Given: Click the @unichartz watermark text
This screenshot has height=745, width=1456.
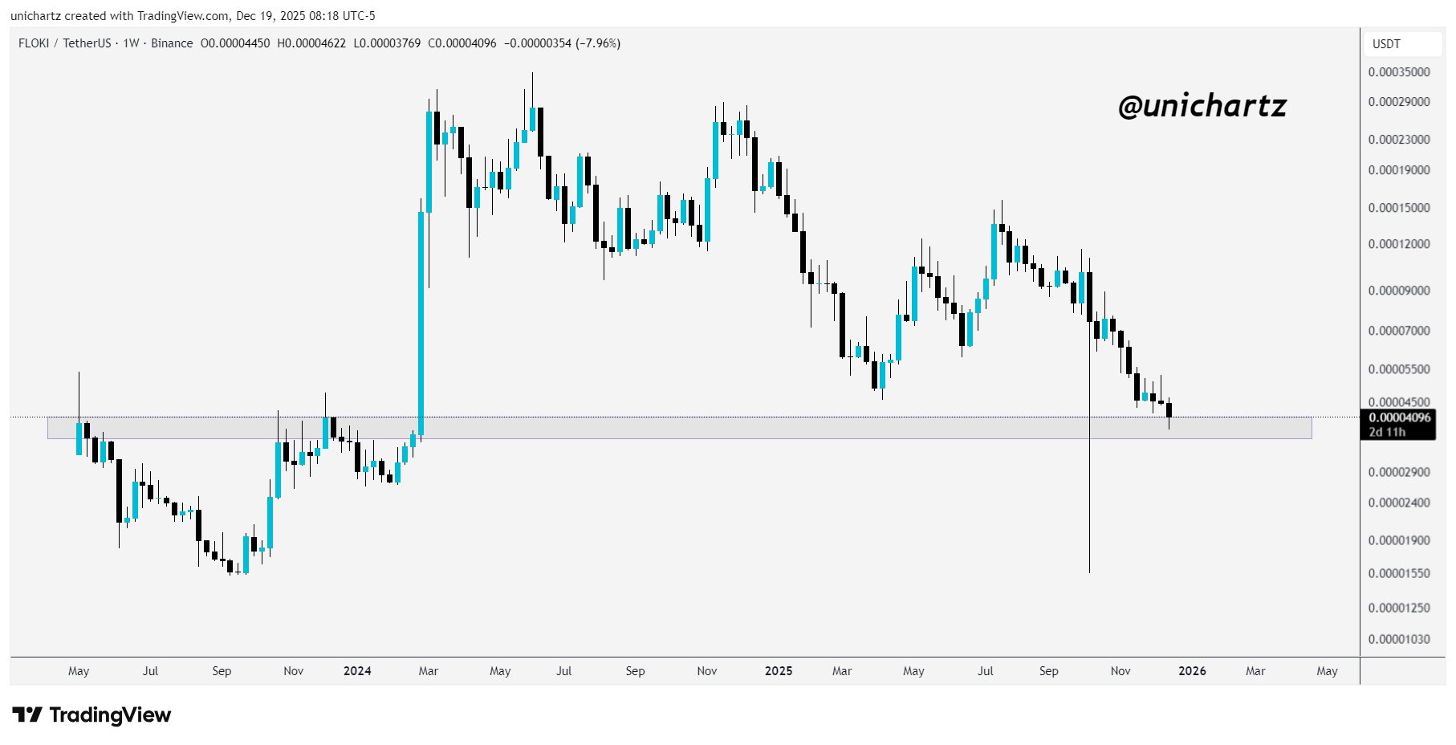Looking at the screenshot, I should (x=1202, y=106).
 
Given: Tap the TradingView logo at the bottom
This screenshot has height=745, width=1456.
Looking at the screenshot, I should (x=92, y=714).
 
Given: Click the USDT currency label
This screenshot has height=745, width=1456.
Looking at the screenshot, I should (x=1386, y=44).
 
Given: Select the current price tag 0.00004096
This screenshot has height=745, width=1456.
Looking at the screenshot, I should (x=1399, y=417).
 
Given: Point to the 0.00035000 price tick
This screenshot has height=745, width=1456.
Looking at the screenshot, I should (x=1399, y=72).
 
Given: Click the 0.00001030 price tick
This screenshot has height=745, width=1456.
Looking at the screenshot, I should (x=1399, y=640).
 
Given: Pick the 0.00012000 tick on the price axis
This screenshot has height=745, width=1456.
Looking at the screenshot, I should (x=1399, y=244).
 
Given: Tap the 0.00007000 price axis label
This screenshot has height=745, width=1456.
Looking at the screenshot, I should (x=1399, y=331).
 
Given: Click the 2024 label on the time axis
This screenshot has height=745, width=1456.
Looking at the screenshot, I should (x=357, y=671).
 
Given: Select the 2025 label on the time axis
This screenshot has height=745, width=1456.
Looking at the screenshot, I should (x=779, y=671).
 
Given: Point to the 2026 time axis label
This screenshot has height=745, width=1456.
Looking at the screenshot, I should (x=1192, y=671).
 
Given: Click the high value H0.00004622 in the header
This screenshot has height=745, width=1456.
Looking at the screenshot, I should (x=311, y=43).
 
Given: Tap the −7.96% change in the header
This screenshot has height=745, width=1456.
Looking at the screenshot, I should (x=598, y=43).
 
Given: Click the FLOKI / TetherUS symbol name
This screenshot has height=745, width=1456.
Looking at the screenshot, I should (x=64, y=43).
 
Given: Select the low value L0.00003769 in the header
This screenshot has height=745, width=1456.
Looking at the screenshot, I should (x=387, y=43).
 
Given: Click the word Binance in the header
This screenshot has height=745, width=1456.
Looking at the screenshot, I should (x=172, y=43).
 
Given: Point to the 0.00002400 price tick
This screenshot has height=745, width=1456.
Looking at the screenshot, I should (x=1399, y=503).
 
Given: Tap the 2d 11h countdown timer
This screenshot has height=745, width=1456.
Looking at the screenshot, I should (x=1387, y=432).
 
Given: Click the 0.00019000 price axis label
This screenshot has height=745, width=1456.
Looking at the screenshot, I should (x=1399, y=170).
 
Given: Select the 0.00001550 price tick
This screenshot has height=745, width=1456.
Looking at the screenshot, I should (x=1399, y=574).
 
